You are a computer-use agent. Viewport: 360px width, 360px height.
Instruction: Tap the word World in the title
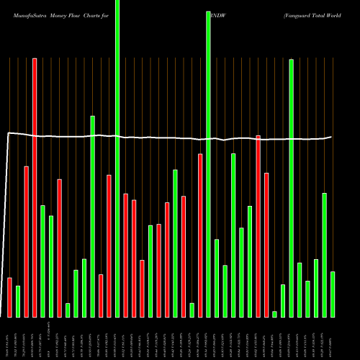click(x=345, y=14)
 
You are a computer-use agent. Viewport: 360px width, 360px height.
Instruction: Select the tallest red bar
click(x=35, y=187)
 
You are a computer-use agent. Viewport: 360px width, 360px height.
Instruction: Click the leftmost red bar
click(x=9, y=297)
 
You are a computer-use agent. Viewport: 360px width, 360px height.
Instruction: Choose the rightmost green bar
click(x=333, y=294)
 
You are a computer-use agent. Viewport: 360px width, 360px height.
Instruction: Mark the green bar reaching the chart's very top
click(x=117, y=158)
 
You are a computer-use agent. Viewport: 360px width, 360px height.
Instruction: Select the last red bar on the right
click(x=266, y=245)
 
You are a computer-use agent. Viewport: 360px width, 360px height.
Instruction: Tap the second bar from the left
click(x=18, y=301)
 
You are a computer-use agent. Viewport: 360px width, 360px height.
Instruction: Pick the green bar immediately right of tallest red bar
click(x=42, y=261)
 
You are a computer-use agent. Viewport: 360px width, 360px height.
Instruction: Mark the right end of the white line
click(x=331, y=137)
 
